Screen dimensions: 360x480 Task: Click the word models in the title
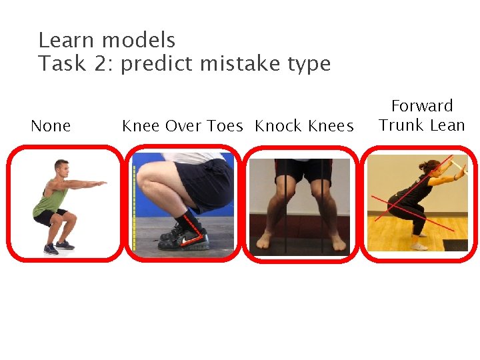[139, 40]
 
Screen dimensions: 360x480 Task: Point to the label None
[51, 126]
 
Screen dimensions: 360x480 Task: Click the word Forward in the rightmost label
[422, 106]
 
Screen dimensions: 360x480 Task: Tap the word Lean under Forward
[445, 125]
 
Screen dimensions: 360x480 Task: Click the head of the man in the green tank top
[62, 167]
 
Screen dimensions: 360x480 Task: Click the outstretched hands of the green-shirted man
[101, 182]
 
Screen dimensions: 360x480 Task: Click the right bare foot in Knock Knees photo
[337, 241]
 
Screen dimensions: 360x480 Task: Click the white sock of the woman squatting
[419, 245]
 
